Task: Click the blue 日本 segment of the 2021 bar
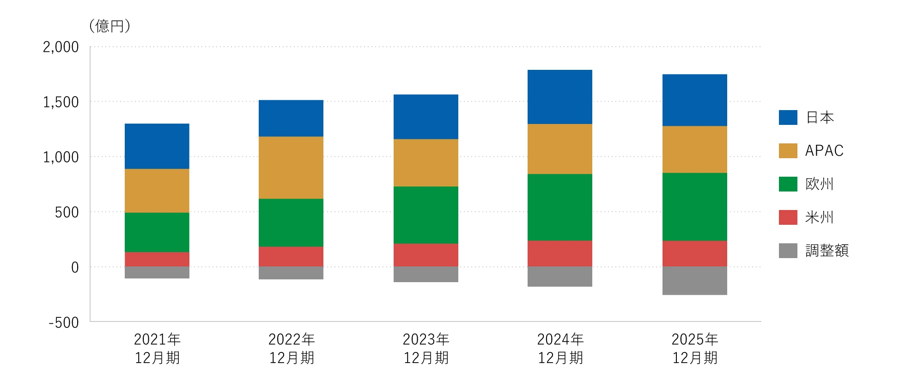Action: tap(157, 146)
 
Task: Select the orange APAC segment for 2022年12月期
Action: tap(291, 167)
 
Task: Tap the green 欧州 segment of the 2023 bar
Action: tap(426, 215)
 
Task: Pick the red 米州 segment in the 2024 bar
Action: tap(560, 253)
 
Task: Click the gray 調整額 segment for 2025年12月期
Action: tap(695, 281)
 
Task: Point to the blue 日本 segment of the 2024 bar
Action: tap(560, 97)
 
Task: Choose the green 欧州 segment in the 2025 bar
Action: tap(695, 207)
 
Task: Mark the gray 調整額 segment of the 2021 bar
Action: tap(157, 272)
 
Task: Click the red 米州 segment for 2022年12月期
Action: tap(291, 257)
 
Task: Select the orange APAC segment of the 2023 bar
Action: tap(426, 163)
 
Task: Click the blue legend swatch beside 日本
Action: tap(788, 117)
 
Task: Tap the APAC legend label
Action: tap(825, 151)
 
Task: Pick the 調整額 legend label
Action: tap(827, 251)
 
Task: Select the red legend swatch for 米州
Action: tap(788, 217)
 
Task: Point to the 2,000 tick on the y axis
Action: tap(61, 47)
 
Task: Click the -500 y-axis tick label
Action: tap(64, 322)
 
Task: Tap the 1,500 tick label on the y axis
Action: tap(61, 102)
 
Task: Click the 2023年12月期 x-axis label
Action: tap(426, 349)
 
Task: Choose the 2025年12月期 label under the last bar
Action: tap(695, 349)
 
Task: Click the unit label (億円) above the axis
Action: tap(110, 26)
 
